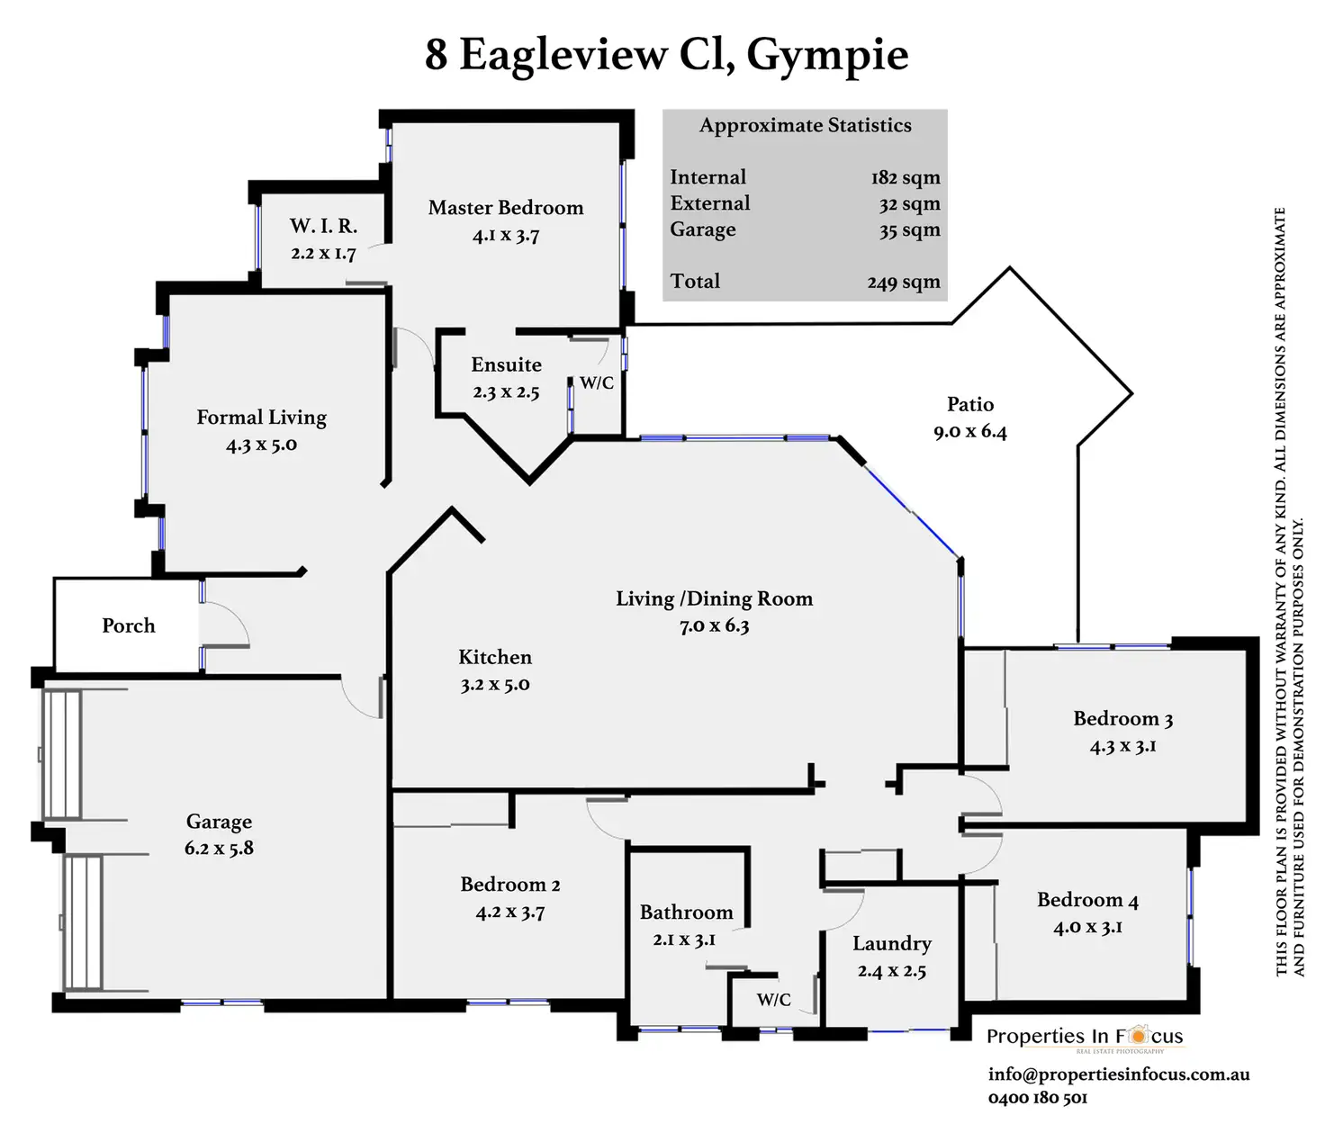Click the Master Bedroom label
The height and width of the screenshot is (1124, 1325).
[x=506, y=208]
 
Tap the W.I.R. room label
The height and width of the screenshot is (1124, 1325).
[x=323, y=226]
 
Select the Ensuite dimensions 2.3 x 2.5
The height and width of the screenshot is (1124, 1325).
[x=506, y=392]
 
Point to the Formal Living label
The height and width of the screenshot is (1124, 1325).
[x=262, y=418]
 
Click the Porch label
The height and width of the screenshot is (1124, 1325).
[x=128, y=625]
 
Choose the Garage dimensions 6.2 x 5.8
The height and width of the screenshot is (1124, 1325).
[x=219, y=849]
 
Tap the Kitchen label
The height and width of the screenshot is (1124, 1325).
[x=495, y=657]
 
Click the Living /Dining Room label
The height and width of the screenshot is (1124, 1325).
[x=714, y=598]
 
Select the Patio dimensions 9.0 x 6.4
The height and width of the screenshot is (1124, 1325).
[x=969, y=432]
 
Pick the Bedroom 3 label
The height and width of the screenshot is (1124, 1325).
[x=1122, y=718]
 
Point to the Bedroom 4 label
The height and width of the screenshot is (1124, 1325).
[x=1087, y=900]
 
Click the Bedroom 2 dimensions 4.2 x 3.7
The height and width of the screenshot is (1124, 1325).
[x=510, y=913]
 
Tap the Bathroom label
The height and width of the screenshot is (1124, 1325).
[x=686, y=913]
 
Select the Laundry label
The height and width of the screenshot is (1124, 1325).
[x=891, y=943]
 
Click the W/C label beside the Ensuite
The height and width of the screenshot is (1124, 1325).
[x=596, y=382]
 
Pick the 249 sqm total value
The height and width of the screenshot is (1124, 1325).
[x=903, y=283]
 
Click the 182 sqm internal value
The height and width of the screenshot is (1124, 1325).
[x=905, y=178]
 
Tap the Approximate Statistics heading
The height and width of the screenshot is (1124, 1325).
[x=805, y=126]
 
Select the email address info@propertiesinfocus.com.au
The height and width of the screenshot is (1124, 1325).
[x=1118, y=1075]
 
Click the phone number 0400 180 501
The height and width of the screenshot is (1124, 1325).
[x=1037, y=1098]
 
